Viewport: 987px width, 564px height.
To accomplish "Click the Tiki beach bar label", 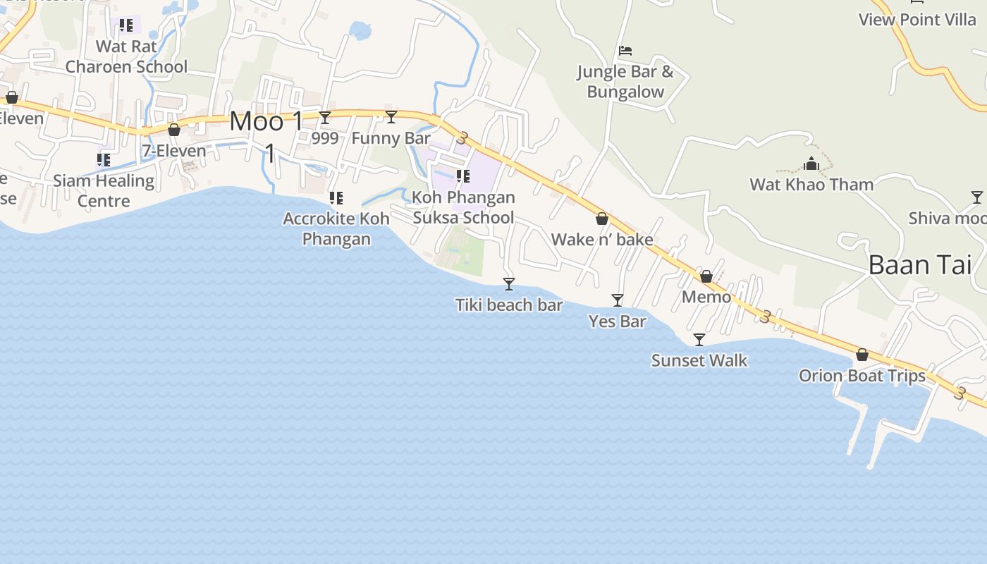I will (x=508, y=305).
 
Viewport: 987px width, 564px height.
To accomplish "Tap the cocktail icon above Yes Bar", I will (x=618, y=300).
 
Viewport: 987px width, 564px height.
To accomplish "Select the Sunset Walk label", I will (x=699, y=360).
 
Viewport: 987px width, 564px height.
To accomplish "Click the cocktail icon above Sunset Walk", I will (x=699, y=340).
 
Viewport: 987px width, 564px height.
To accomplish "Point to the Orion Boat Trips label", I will (x=862, y=376).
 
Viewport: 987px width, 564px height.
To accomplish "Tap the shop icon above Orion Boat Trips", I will (x=862, y=355).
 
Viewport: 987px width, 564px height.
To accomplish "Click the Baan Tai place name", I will (x=919, y=265).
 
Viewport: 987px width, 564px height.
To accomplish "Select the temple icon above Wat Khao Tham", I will (x=811, y=164).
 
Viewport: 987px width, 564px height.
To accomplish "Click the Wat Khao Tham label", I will (x=811, y=185).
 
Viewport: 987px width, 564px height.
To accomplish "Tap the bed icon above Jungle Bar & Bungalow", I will (x=625, y=51).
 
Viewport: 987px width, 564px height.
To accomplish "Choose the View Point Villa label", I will (x=917, y=20).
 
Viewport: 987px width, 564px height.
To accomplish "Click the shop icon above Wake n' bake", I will (x=602, y=219).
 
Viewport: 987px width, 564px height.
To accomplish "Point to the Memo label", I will (x=706, y=297).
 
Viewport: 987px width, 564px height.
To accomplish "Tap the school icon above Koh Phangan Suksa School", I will (x=463, y=176).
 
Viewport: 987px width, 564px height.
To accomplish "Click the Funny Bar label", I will (x=391, y=138).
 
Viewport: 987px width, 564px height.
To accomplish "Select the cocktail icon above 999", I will (x=325, y=117).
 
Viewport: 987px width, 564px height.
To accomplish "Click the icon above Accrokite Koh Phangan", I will (x=336, y=198).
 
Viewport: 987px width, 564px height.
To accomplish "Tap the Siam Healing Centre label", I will (x=104, y=190).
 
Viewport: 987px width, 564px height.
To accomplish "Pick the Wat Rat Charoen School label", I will (x=126, y=56).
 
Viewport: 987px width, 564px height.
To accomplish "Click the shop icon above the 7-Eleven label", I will (x=174, y=130).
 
